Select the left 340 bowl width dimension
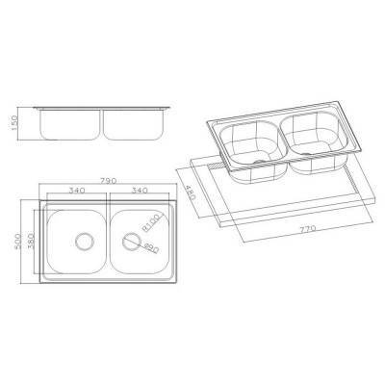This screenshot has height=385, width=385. pos(73,191)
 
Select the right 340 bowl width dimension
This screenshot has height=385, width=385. pos(139,191)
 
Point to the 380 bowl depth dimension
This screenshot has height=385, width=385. pos(32,238)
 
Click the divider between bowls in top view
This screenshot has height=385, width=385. pos(108,240)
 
